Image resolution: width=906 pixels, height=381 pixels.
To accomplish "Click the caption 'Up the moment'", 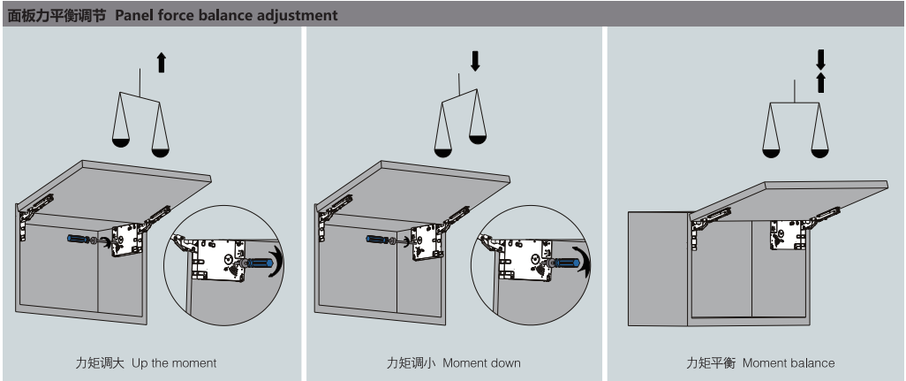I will coord(174,363).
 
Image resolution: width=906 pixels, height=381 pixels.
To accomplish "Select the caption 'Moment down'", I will coord(483,363).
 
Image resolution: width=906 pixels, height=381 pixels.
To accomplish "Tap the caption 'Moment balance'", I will coord(788,363).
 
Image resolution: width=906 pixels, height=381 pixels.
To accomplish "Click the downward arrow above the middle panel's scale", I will coord(476,60).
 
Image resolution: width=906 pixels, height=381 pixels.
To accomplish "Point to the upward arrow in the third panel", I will coord(820,82).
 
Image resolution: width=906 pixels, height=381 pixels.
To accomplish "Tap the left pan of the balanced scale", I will coord(770,152).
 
